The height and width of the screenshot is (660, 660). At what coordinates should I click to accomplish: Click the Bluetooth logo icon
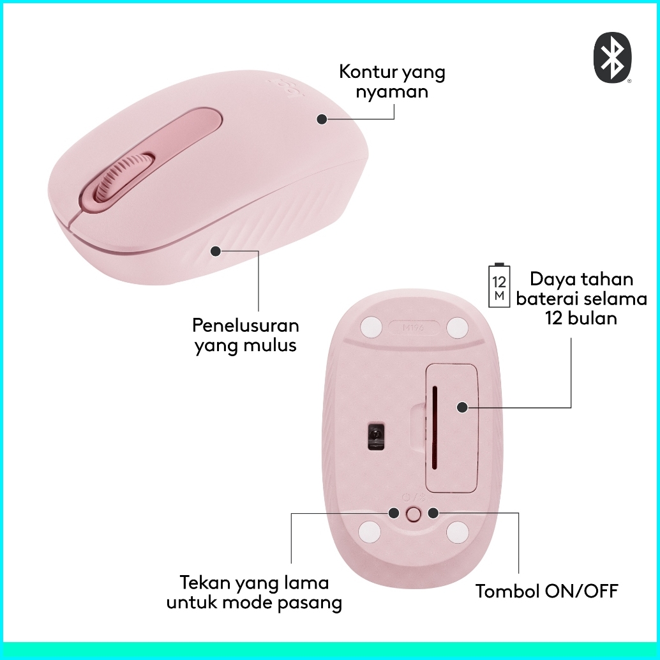[613, 58]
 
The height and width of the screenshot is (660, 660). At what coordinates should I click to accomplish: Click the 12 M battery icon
[499, 285]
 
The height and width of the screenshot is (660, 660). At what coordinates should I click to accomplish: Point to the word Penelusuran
[246, 326]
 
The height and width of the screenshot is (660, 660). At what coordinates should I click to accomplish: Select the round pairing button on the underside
[414, 514]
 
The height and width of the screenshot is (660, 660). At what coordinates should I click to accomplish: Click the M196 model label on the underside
[414, 328]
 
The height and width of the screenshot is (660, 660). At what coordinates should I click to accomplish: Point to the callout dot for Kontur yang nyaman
[322, 119]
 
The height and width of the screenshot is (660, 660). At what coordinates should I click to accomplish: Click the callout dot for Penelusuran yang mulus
[216, 251]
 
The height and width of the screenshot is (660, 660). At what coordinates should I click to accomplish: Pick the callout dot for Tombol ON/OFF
[433, 513]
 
